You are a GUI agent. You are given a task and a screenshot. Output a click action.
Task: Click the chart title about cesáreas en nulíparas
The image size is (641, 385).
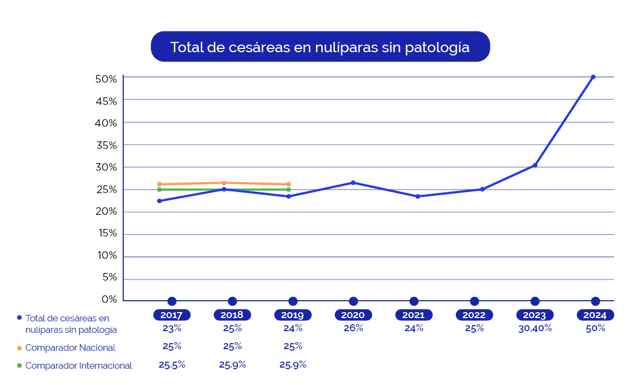320,47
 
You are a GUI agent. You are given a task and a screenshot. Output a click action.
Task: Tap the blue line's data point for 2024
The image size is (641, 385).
593,77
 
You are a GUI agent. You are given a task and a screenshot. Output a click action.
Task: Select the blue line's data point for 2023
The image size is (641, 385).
535,165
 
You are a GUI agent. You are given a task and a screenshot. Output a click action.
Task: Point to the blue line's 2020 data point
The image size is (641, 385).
353,183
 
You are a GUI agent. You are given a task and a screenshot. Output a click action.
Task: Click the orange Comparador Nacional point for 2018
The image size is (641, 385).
224,183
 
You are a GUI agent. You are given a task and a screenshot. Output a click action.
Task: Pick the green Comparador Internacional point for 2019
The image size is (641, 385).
288,190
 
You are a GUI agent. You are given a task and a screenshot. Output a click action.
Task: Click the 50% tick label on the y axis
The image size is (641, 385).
106,79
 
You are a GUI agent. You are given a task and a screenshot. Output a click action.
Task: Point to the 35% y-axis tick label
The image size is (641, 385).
106,145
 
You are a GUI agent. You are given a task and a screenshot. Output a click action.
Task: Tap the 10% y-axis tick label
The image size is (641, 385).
106,256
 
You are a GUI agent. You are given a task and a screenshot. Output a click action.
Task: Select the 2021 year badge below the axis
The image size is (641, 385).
414,315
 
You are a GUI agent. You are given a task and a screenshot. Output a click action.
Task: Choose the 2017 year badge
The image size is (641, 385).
172,315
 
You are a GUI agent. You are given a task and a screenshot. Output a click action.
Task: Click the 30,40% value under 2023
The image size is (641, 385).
535,328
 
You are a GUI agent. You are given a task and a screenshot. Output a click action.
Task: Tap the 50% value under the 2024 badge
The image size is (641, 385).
595,328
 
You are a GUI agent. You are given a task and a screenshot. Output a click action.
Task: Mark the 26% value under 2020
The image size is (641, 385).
353,328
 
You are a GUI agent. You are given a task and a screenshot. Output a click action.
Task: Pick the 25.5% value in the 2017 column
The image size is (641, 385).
172,365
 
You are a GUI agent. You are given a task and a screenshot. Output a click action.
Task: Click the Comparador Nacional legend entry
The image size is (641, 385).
70,347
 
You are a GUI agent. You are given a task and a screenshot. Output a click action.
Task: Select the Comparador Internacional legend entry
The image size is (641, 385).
78,366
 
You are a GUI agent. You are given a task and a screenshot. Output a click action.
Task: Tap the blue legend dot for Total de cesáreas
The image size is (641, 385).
20,318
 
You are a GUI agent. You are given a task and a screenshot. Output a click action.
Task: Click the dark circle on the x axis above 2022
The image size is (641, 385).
474,301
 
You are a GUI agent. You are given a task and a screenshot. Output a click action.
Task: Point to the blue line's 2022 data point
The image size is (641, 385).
482,189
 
